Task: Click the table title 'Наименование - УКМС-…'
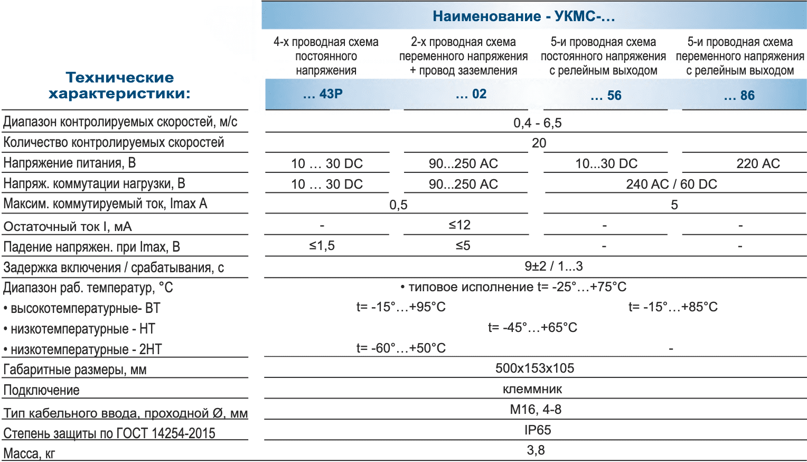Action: [523, 16]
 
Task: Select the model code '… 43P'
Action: [323, 94]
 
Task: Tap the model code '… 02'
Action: [471, 94]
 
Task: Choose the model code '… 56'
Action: [606, 96]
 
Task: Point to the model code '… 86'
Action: [739, 96]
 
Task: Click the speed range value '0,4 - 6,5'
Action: [537, 123]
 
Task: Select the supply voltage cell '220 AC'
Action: [758, 164]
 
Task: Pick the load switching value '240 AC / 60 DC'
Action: [671, 184]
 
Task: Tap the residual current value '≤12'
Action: [459, 225]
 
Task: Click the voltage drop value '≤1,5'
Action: [322, 246]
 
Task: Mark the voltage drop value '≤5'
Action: [463, 246]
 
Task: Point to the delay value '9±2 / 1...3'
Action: [553, 266]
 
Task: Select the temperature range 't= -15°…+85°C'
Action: [673, 307]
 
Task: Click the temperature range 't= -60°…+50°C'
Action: [401, 348]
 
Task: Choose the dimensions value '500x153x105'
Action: [534, 368]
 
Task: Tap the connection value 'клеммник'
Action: [532, 390]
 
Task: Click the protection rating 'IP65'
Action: [538, 430]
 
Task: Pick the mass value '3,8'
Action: [536, 450]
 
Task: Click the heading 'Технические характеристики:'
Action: [119, 86]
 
